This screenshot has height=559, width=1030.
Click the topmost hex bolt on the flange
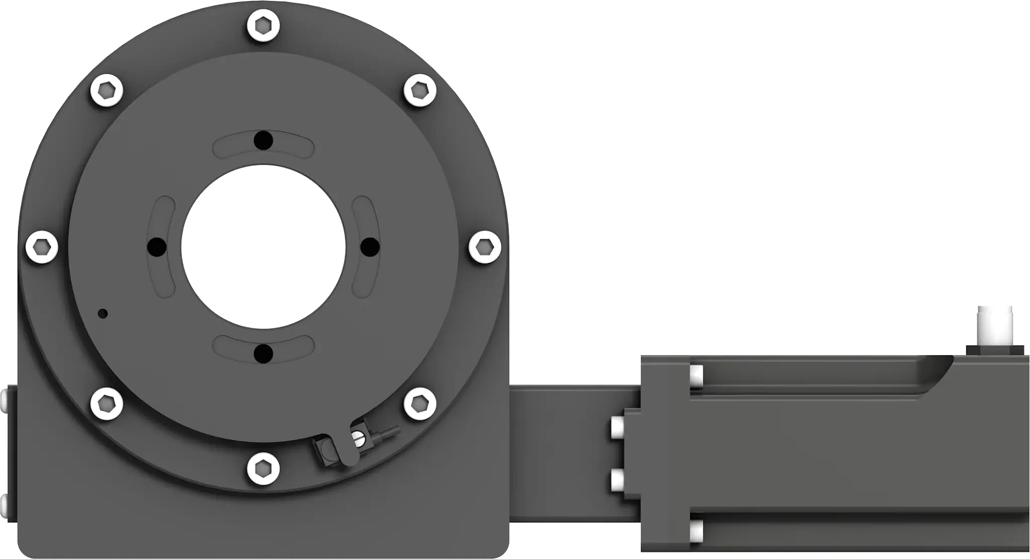click(x=264, y=25)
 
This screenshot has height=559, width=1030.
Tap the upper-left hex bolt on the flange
click(x=107, y=91)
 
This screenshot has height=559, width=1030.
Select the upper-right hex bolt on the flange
click(x=420, y=91)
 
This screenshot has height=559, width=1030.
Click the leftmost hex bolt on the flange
click(x=42, y=247)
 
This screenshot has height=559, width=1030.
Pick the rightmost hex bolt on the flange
click(x=485, y=247)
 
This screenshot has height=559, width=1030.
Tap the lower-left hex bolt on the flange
click(x=107, y=404)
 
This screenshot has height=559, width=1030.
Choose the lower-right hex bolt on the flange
click(x=420, y=404)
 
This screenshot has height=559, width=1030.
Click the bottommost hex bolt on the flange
click(x=264, y=468)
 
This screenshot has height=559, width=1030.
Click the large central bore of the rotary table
click(x=264, y=246)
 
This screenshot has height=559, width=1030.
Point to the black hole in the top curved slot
click(x=264, y=140)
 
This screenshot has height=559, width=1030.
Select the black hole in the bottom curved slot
click(x=264, y=354)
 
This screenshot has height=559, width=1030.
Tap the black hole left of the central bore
click(x=156, y=247)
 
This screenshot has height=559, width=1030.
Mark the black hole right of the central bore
click(x=371, y=247)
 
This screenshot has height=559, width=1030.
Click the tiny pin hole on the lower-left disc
click(x=103, y=313)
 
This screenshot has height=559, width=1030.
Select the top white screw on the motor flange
click(x=697, y=376)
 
